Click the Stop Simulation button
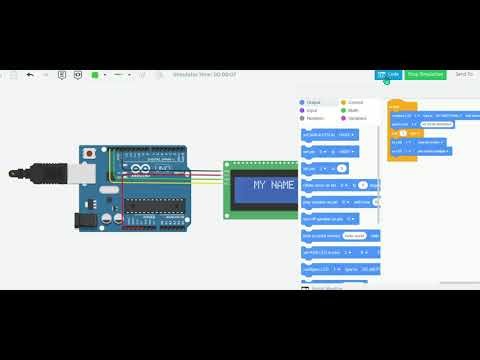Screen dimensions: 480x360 point(425,74)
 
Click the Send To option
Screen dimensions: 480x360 point(464,74)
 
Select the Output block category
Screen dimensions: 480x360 point(314,102)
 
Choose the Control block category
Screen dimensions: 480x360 point(356,102)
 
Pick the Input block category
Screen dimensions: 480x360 point(313,110)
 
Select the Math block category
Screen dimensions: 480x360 point(354,110)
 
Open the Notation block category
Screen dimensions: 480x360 point(316,118)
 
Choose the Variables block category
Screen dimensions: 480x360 point(357,118)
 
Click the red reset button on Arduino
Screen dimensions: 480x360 point(91,152)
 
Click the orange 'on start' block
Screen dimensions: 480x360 point(395,105)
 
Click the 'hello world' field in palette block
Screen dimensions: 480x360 point(353,236)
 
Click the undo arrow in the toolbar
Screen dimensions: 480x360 point(29,74)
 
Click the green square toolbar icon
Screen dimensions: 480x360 point(94,74)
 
